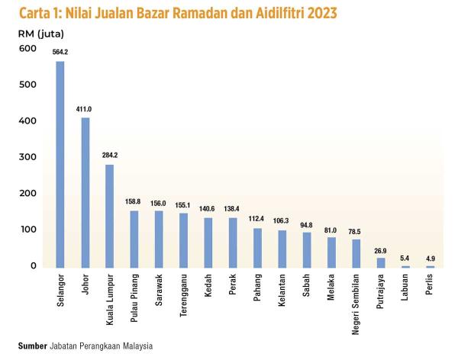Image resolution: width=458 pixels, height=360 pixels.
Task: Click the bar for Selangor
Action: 60,165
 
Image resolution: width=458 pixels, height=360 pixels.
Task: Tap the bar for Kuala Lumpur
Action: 109,217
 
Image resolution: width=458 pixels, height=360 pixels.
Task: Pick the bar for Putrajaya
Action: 380,262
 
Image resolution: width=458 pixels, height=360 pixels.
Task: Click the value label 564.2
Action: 60,52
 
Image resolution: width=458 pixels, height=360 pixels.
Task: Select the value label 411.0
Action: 84,109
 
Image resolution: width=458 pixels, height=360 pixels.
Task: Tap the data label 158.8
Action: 133,202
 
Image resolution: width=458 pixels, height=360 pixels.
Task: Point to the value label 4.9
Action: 430,257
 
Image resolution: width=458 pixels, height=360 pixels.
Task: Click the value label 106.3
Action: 282,221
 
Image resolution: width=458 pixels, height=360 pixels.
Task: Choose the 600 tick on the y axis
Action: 27,49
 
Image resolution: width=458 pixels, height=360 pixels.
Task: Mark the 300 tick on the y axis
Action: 27,157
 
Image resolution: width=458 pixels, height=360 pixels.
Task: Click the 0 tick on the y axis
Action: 33,265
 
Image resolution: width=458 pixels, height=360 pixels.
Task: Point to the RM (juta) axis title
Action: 41,33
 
